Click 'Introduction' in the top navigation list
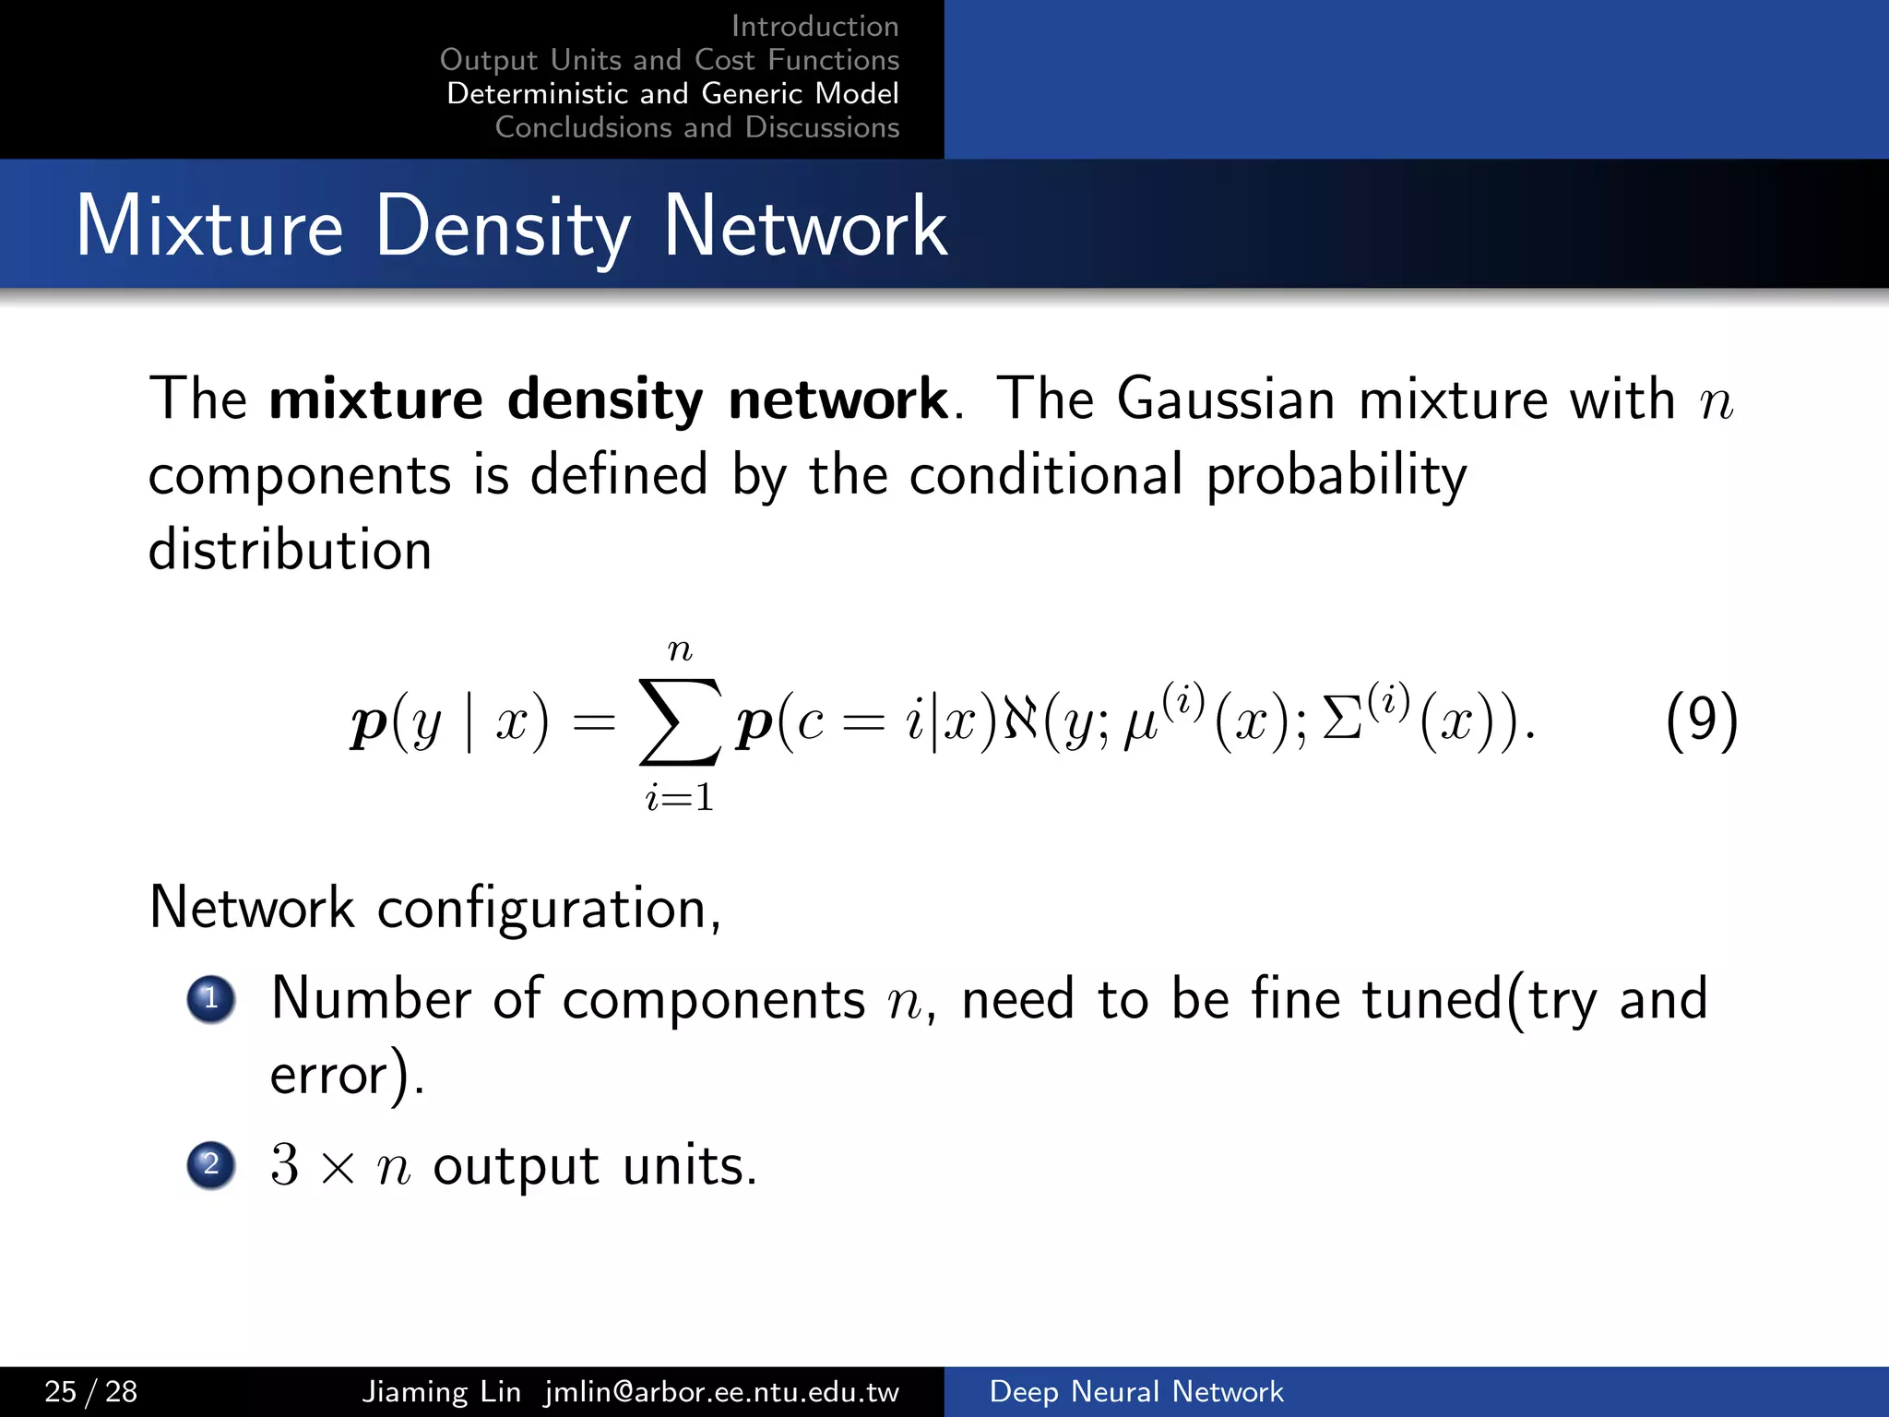pos(814,26)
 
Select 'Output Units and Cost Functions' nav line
pos(669,60)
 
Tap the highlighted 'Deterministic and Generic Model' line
pos(672,93)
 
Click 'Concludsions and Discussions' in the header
pos(696,127)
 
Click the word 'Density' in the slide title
pos(503,227)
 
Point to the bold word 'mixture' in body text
pos(375,399)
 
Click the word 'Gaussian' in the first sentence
pos(1225,399)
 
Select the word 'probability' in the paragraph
pos(1336,475)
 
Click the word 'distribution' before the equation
pos(290,550)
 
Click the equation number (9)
pos(1702,720)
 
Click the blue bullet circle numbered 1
pos(211,999)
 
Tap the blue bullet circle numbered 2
pos(211,1164)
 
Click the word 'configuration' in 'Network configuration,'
pos(542,910)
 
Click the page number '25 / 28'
pos(91,1391)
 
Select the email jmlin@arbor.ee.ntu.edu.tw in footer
pos(721,1391)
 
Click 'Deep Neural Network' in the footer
pos(1135,1391)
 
